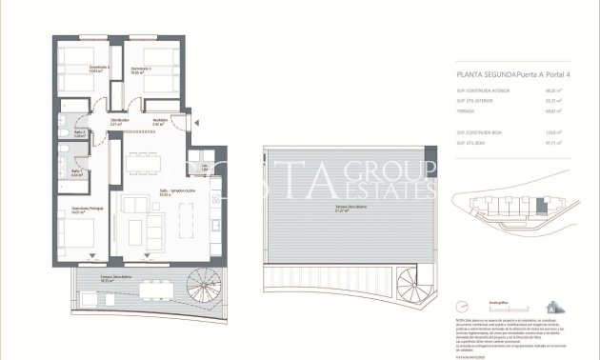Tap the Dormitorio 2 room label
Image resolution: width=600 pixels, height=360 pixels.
click(x=75, y=68)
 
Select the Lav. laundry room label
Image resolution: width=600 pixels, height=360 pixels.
click(x=204, y=168)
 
